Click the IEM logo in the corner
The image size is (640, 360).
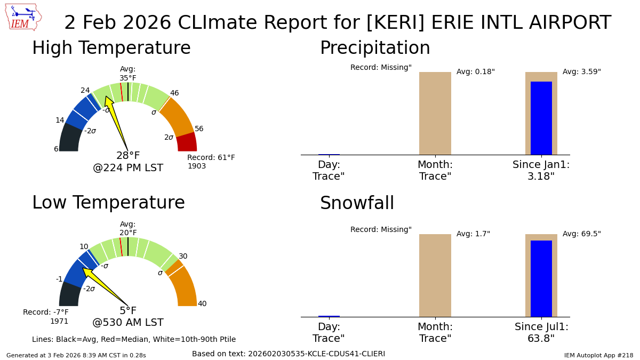pos(23,17)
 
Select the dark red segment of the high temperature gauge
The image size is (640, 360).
pos(187,142)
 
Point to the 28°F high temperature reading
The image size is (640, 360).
pos(128,156)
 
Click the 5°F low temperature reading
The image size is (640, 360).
pos(128,311)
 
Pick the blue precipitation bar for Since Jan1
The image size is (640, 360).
pos(541,118)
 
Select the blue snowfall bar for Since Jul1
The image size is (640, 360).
pos(541,278)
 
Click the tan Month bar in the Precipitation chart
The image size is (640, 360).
pos(435,113)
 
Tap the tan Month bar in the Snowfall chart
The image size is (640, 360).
pos(435,275)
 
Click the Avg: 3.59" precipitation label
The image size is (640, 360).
pos(581,72)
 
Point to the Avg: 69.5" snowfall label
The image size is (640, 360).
pos(581,234)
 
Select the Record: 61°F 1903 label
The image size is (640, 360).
pos(211,162)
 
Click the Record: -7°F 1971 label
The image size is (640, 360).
pos(46,317)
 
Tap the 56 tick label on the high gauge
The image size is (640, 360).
pos(199,129)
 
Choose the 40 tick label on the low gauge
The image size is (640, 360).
pos(202,304)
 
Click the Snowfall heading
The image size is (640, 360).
pos(357,204)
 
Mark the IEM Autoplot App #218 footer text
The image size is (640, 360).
pos(598,355)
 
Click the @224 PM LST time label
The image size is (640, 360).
pos(128,168)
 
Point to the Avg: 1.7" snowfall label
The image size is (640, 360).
pos(473,234)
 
